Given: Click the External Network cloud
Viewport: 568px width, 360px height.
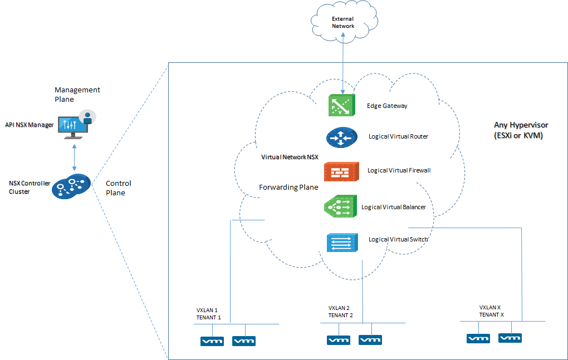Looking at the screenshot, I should click(x=342, y=23).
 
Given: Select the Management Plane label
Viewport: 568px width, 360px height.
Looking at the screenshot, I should click(x=77, y=95).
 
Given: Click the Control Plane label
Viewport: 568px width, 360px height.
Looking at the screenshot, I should click(x=119, y=188).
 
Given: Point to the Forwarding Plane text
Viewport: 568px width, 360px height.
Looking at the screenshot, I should click(x=288, y=188).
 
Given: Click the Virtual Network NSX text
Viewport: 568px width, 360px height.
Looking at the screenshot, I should click(x=290, y=157).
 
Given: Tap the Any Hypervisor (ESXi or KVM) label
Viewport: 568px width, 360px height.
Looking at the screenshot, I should click(x=518, y=130).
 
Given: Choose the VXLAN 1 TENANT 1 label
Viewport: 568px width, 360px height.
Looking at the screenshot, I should click(x=209, y=313).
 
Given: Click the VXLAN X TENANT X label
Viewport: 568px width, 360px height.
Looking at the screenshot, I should click(x=492, y=310).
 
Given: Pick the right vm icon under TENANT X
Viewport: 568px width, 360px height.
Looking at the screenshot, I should click(x=510, y=338).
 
